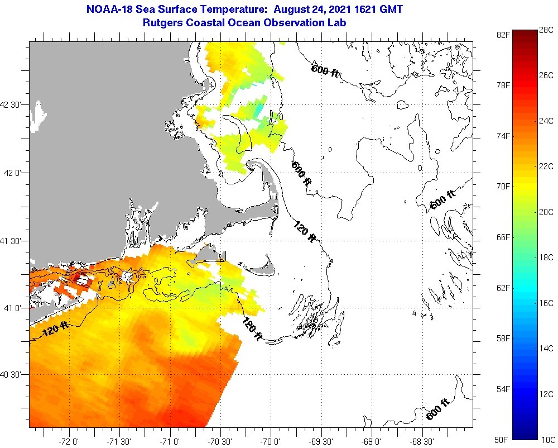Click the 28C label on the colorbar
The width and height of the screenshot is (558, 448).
pos(547,30)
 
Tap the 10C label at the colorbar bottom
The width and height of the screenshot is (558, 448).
pos(547,440)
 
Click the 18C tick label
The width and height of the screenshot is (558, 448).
pos(547,258)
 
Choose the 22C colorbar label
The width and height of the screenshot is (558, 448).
pos(547,166)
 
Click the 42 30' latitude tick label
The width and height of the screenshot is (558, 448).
pos(12,104)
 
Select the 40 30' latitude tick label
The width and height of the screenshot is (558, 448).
pos(12,374)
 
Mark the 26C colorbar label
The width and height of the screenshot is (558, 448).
pos(547,75)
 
